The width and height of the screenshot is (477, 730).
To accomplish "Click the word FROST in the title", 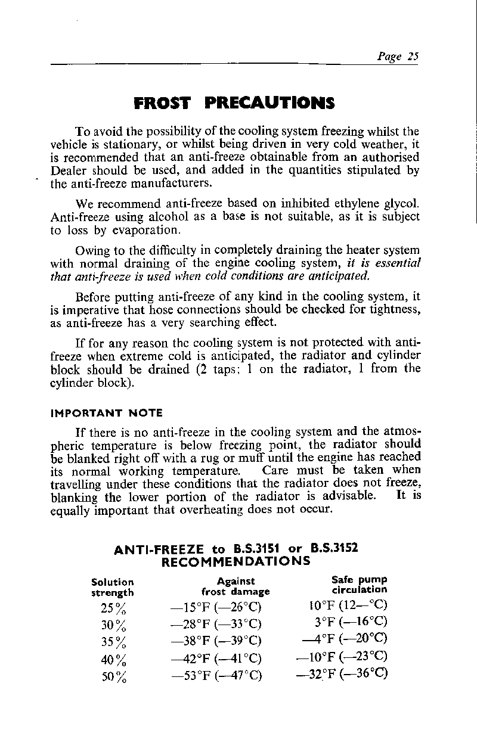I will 163,103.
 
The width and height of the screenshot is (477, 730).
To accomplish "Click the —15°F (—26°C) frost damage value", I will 216,608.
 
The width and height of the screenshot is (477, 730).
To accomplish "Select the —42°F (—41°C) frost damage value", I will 216,658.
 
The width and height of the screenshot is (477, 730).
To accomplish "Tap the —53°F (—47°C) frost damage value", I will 216,676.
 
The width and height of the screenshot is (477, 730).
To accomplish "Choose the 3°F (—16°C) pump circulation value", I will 352,624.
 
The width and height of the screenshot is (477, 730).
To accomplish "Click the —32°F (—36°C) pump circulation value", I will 342,675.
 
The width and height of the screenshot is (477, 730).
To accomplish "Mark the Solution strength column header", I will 113,586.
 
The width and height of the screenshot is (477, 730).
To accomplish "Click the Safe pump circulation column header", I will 359,585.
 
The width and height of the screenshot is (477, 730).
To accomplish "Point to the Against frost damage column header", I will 236,586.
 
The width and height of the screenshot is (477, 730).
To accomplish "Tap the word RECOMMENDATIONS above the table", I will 236,561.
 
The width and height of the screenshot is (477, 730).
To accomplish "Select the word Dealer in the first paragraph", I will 68,170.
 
